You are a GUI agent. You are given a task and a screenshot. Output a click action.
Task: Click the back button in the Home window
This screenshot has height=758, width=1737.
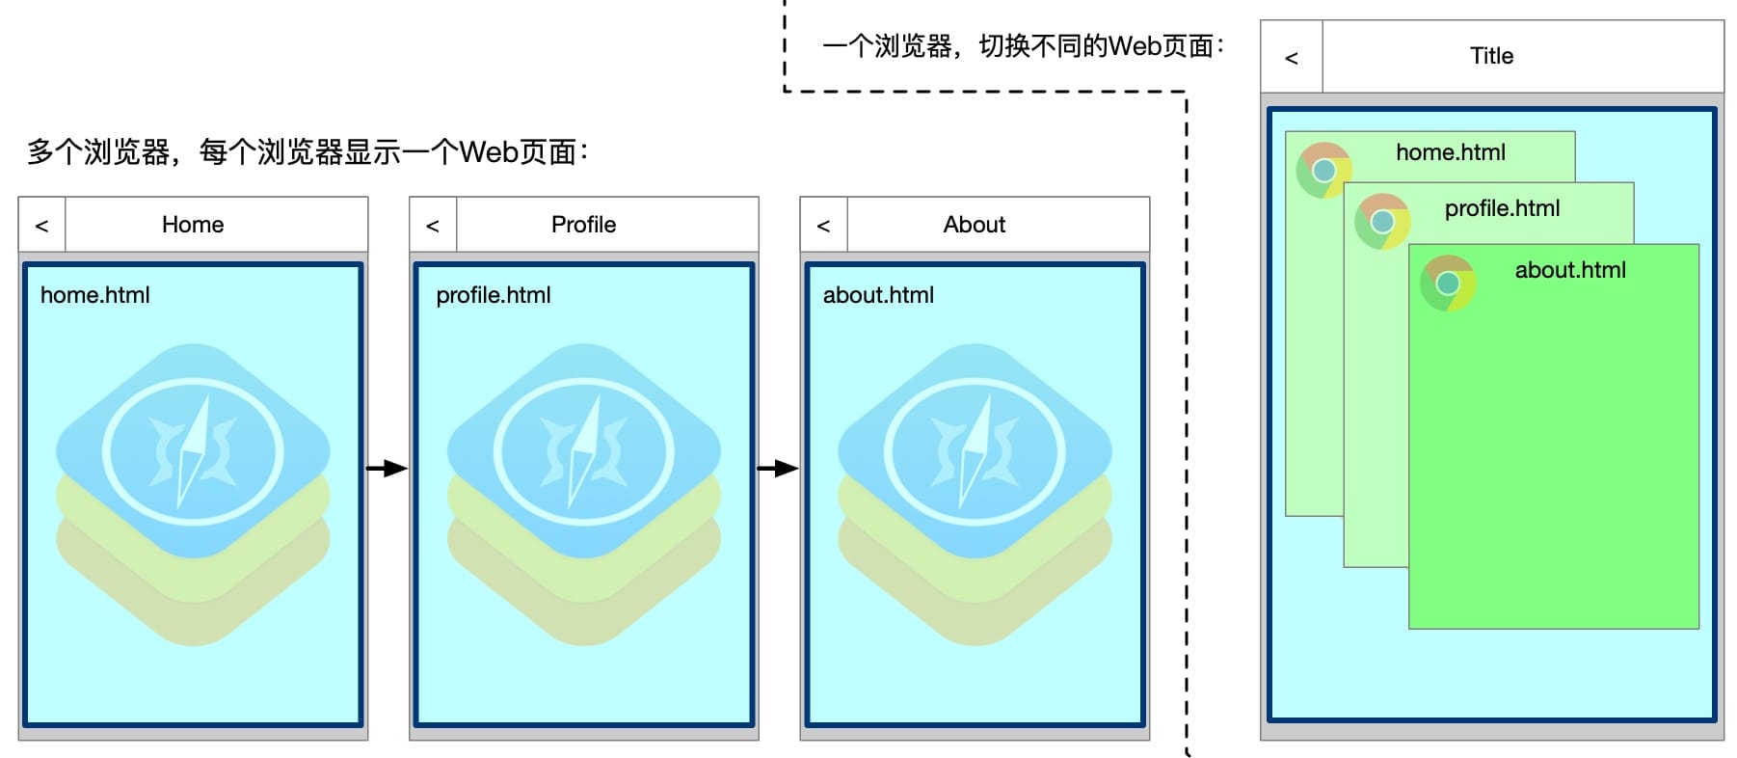pos(41,226)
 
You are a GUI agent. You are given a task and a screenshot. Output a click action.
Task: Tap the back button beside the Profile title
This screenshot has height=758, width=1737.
pos(433,226)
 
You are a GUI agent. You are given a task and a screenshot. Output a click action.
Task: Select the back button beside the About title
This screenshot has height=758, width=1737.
pos(823,226)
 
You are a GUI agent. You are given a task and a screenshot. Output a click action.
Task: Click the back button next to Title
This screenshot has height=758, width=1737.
pos(1292,58)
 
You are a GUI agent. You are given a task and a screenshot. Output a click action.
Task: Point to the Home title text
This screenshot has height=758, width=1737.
pos(193,225)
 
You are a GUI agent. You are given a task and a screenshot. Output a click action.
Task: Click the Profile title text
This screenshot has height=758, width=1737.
pos(583,225)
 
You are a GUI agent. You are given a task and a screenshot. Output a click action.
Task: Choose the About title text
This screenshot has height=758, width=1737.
pos(974,225)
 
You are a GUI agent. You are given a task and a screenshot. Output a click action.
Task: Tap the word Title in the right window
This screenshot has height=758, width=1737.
pos(1491,56)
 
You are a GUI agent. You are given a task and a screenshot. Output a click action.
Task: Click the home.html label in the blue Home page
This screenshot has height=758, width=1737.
pos(95,295)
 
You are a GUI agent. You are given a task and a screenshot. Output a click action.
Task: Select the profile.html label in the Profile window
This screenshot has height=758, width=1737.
pos(494,295)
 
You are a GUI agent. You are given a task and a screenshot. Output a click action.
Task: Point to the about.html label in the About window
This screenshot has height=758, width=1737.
pos(878,295)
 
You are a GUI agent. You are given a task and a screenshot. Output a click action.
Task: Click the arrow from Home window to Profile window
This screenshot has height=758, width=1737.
pos(387,469)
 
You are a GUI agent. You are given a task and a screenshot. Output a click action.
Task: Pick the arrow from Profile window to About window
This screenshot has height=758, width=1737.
pos(778,469)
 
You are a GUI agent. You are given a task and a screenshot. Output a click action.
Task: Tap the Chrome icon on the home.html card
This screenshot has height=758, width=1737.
pos(1323,171)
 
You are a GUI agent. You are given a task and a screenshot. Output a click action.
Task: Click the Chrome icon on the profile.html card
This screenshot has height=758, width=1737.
pos(1382,222)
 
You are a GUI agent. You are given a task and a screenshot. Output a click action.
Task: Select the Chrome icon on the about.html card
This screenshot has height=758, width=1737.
pos(1447,284)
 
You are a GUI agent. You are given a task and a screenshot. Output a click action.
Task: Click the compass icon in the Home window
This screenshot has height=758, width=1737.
pos(193,451)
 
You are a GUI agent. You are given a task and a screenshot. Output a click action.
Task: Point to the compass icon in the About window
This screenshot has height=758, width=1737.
pos(975,451)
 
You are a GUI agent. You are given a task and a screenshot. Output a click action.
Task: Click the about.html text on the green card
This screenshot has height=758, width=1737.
pos(1569,270)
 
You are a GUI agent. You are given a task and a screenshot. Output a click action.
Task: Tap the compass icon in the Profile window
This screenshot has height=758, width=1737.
pos(584,451)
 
